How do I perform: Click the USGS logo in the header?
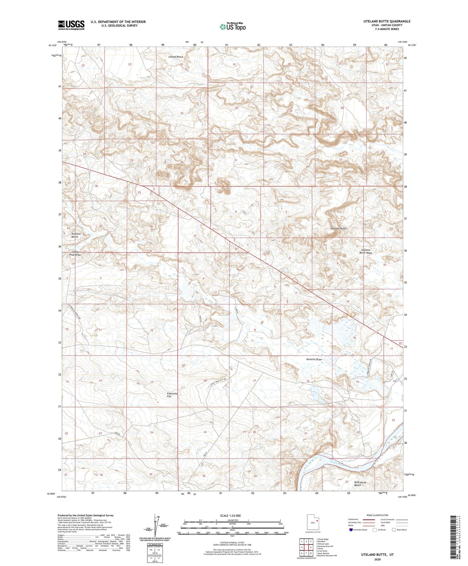[x=71, y=25]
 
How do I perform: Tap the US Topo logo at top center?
[x=233, y=27]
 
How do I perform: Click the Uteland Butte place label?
[x=338, y=229]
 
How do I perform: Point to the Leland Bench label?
[x=176, y=57]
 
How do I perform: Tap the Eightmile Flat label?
[x=172, y=395]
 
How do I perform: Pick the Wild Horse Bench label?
[x=360, y=484]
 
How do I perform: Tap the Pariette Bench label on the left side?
[x=76, y=235]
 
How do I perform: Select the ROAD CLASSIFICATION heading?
[x=378, y=515]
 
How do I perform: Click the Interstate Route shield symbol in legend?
[x=351, y=529]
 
